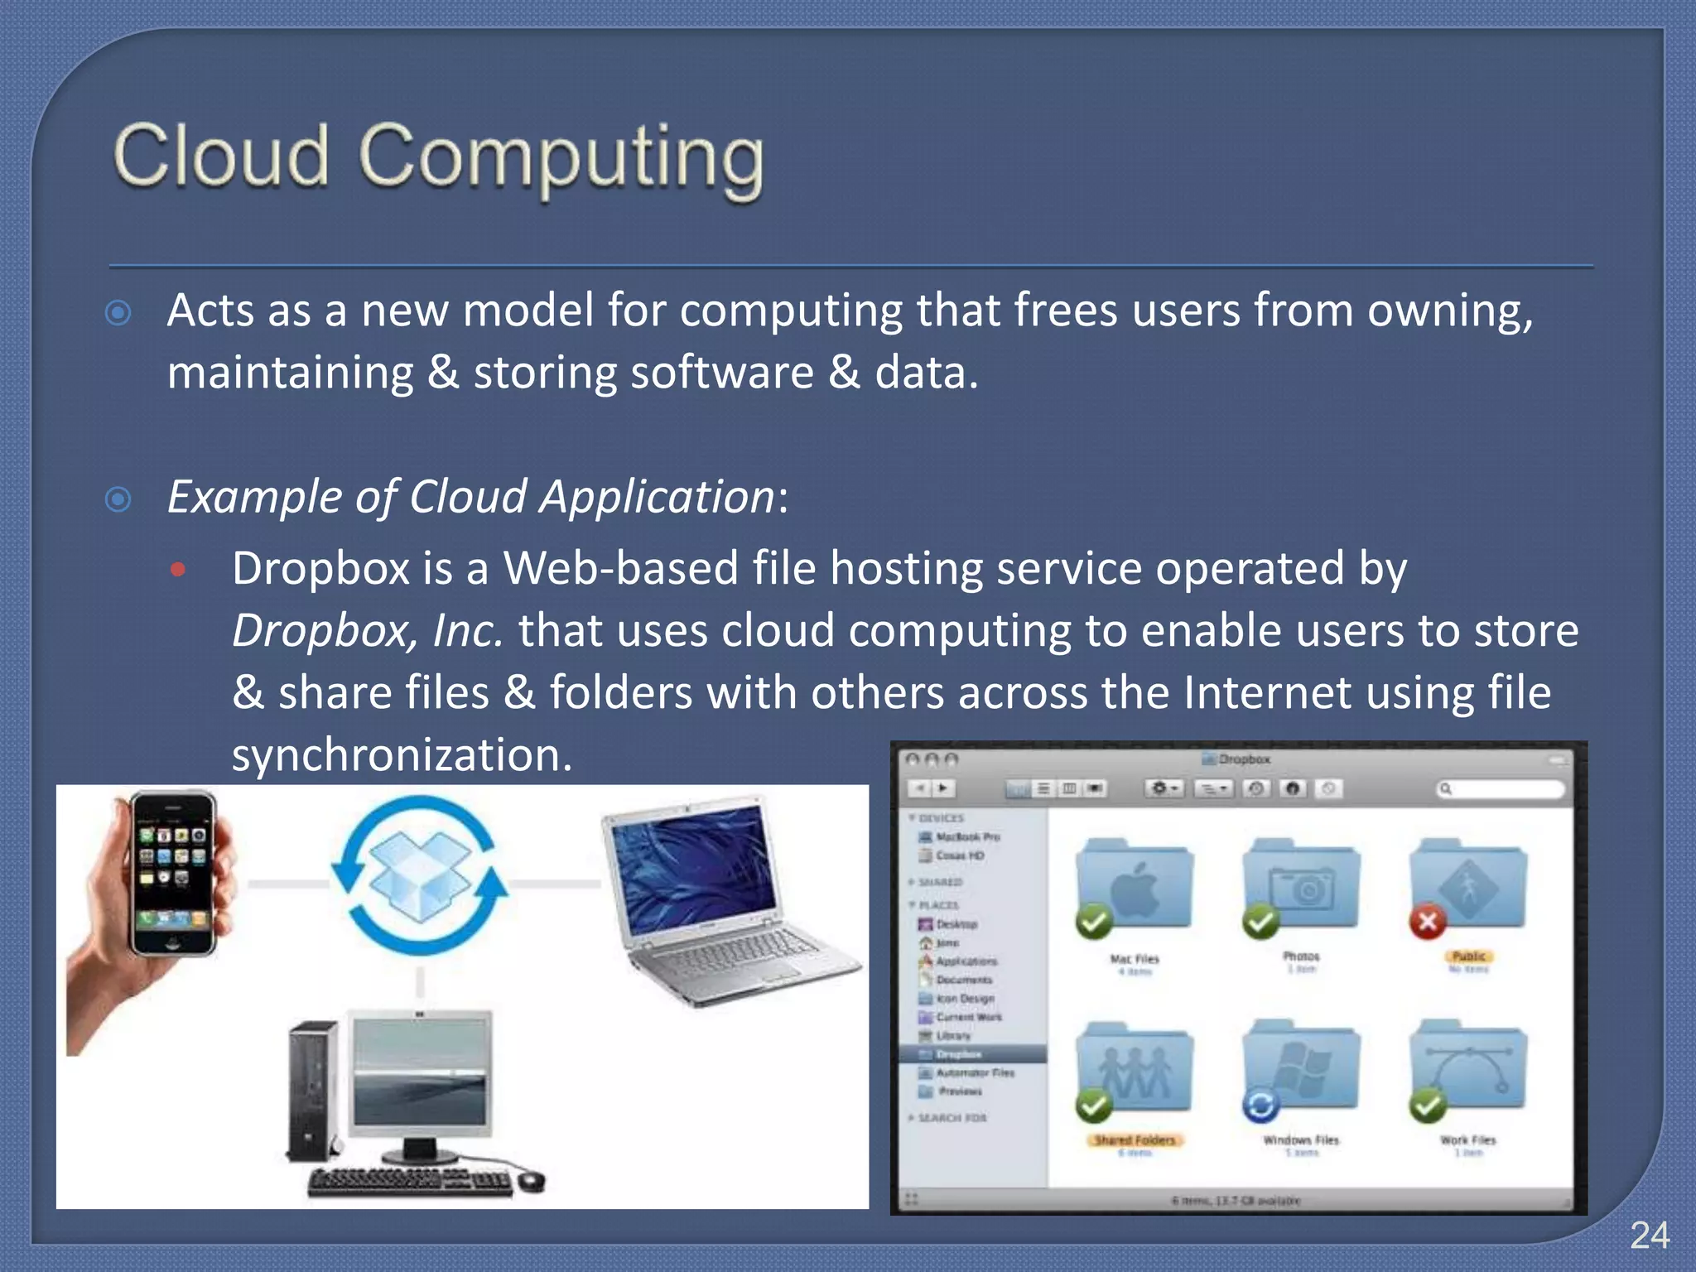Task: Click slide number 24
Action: (1649, 1236)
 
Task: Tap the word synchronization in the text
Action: (402, 754)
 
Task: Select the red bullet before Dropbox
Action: (178, 569)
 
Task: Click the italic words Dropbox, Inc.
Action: (367, 631)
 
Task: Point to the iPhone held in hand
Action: (173, 874)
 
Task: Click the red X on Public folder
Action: (1428, 921)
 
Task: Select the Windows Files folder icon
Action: (1301, 1068)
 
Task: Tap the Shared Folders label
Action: (1135, 1140)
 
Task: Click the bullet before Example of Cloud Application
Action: (118, 499)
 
